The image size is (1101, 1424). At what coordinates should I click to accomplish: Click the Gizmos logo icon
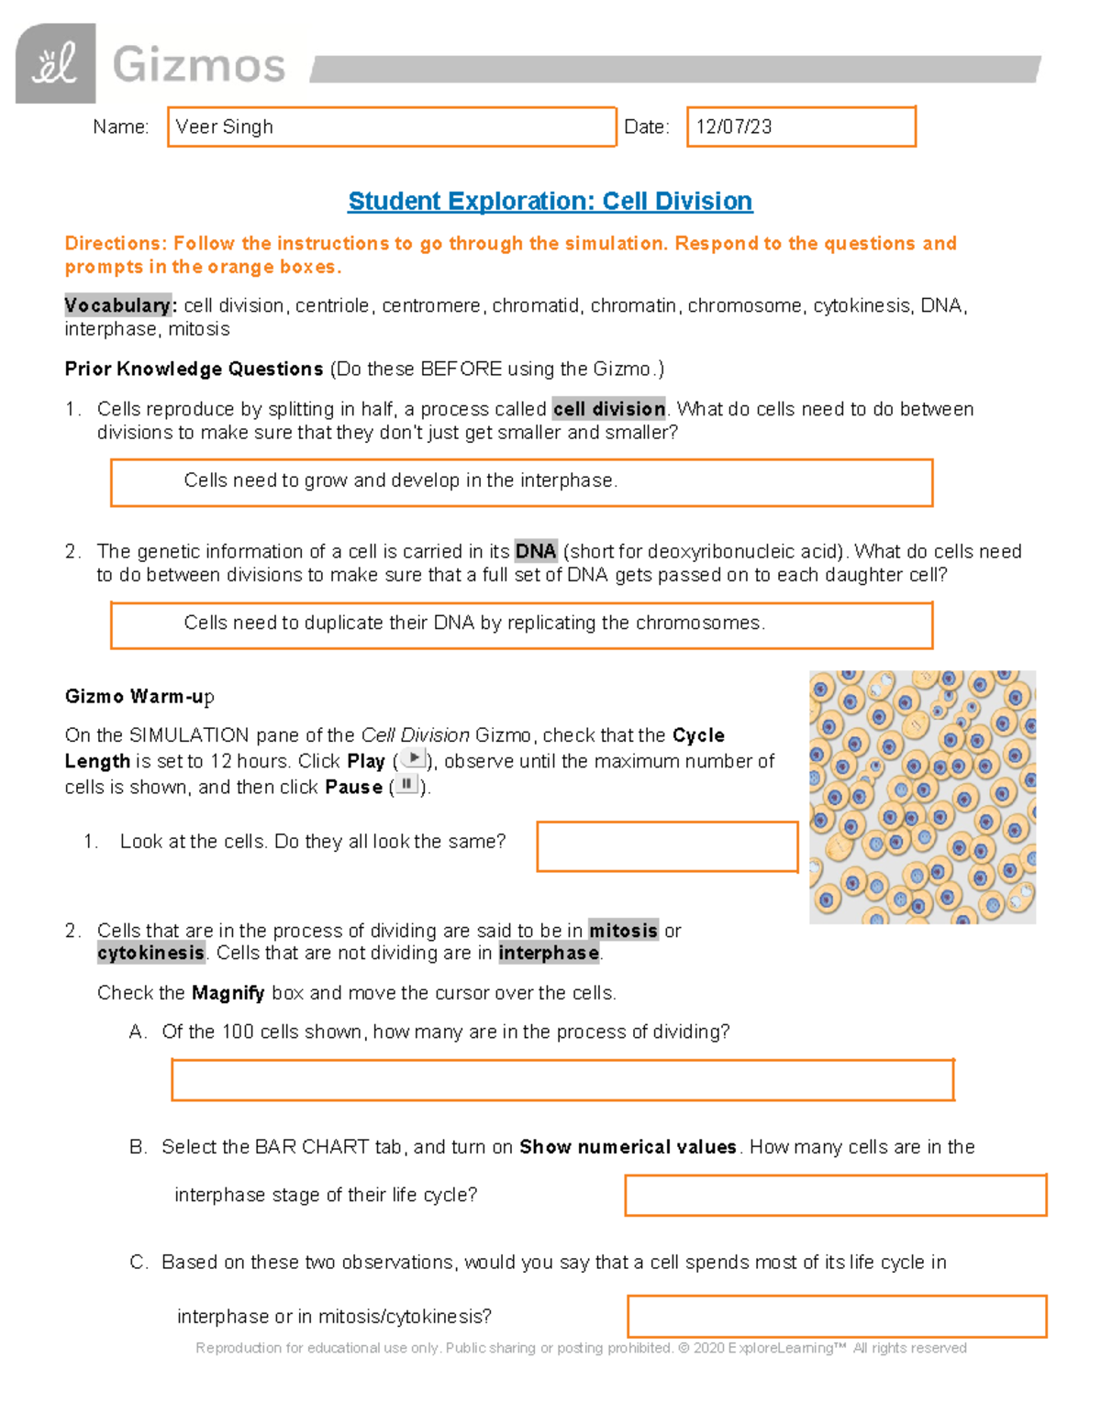click(55, 63)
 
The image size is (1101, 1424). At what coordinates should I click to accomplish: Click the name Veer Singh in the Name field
click(225, 127)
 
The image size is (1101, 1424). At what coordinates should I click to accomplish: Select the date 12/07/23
click(734, 127)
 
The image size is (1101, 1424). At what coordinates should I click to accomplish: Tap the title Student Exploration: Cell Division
click(550, 201)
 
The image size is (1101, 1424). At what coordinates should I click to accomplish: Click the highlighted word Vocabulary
click(118, 305)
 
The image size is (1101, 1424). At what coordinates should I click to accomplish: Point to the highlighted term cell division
click(609, 409)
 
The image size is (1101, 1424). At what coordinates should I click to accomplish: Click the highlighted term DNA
click(536, 551)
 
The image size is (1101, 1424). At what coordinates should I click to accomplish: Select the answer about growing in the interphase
click(401, 480)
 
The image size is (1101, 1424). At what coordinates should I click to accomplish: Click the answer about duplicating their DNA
click(474, 623)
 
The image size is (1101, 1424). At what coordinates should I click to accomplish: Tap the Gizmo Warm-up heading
click(139, 696)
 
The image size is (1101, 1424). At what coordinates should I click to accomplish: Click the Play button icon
click(414, 758)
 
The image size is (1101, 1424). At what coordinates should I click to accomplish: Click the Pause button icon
click(406, 784)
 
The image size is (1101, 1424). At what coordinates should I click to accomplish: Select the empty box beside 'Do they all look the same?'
click(667, 845)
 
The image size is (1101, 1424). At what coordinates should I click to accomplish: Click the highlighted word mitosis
click(623, 931)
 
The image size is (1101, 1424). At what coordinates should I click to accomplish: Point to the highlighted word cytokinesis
click(151, 953)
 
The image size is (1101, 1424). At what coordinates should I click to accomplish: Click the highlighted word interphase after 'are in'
click(549, 953)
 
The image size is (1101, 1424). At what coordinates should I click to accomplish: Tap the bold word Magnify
click(228, 993)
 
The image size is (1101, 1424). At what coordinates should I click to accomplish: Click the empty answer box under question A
click(562, 1079)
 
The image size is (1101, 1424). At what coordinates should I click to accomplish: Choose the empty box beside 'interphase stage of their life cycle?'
click(835, 1195)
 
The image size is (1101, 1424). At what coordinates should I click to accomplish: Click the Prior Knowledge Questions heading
click(194, 369)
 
